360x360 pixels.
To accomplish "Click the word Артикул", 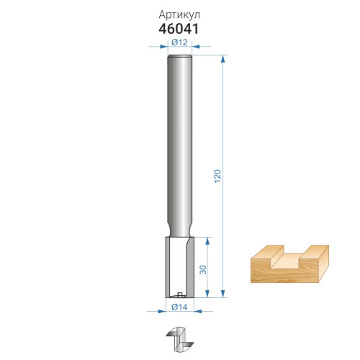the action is tap(179, 15).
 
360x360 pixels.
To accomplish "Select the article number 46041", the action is tap(179, 29).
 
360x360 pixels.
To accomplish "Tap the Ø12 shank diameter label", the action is tap(179, 42).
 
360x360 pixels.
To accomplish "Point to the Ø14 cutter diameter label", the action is tap(179, 307).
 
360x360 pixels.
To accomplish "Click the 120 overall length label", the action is tap(217, 176).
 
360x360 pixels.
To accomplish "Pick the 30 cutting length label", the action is tap(203, 270).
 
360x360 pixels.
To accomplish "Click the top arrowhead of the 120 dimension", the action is tap(223, 59).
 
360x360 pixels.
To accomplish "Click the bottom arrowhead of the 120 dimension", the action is tap(223, 294).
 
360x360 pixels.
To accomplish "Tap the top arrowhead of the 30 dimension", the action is tap(208, 241).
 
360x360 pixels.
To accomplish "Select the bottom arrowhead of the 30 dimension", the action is tap(208, 294).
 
